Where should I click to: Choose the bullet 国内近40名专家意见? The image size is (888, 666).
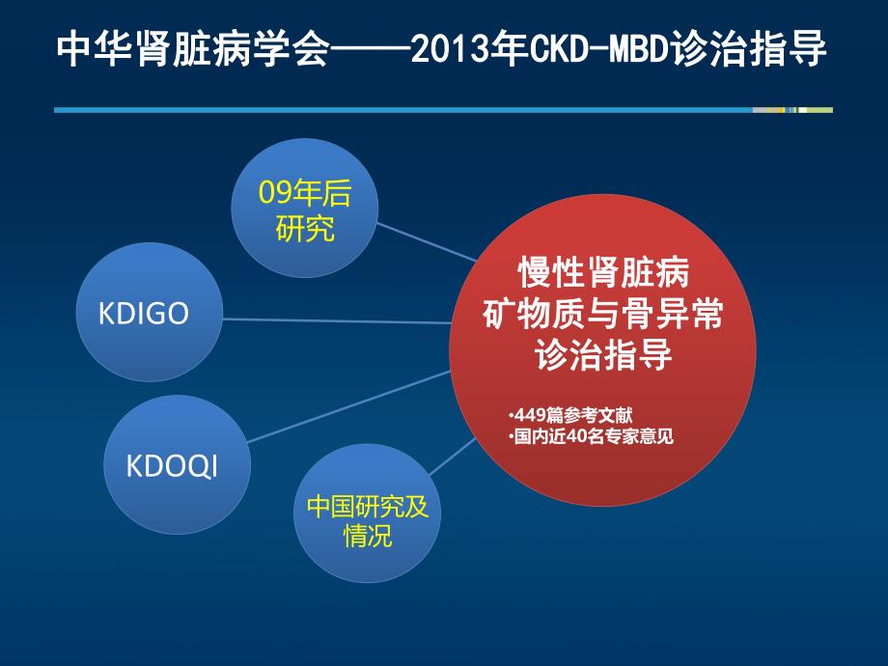click(590, 436)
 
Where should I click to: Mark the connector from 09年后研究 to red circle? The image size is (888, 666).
click(425, 241)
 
